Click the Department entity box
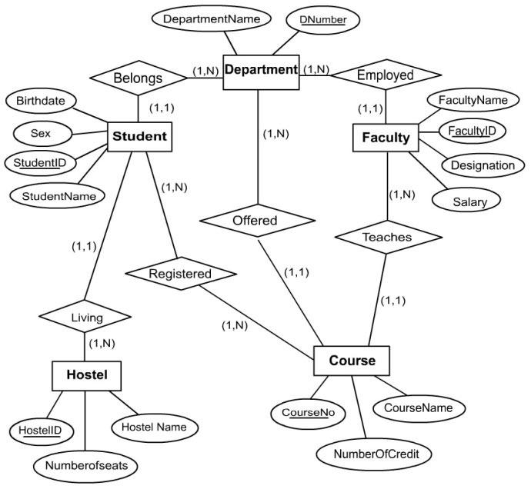(x=260, y=70)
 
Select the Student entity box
(x=139, y=137)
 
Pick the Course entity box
(x=352, y=360)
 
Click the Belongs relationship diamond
(x=139, y=78)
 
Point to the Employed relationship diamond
(x=386, y=75)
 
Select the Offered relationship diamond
(x=255, y=220)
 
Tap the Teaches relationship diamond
(x=386, y=237)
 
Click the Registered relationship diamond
(x=180, y=272)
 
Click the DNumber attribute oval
(x=323, y=18)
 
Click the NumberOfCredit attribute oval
(x=376, y=454)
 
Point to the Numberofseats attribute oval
(x=86, y=465)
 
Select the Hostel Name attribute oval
(x=154, y=425)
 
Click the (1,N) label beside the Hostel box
(x=103, y=343)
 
